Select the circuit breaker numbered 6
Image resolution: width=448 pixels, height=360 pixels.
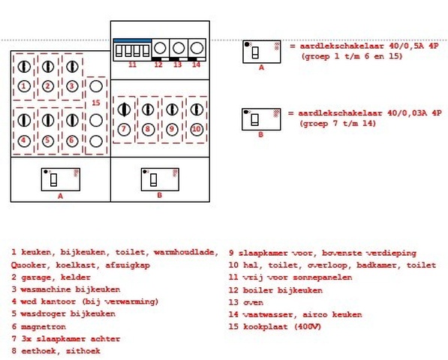71,127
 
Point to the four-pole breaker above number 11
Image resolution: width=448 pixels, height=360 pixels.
132,51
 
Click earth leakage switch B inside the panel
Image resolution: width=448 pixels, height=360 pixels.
159,179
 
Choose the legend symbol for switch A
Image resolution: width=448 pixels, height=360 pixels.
261,52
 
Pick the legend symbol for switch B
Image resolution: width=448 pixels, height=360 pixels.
261,119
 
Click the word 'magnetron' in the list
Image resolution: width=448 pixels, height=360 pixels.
44,325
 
